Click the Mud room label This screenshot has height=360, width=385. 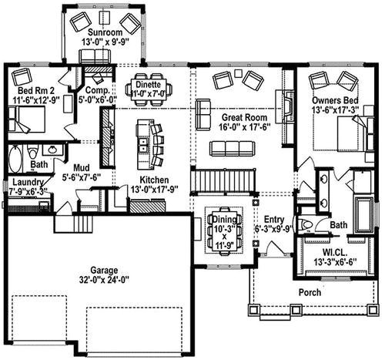[x=82, y=167]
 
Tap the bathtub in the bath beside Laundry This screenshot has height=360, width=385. [x=15, y=160]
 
